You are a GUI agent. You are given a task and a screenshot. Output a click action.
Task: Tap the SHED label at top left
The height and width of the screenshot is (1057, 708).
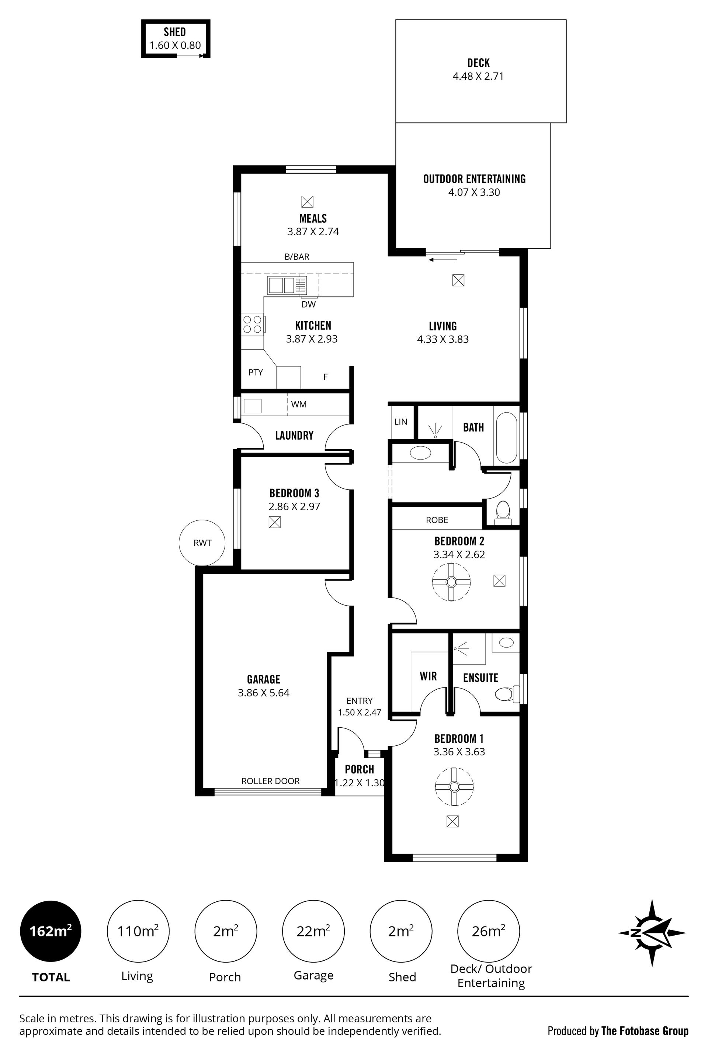click(x=175, y=32)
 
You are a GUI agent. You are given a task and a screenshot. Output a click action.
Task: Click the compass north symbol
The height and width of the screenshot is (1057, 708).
click(x=652, y=932)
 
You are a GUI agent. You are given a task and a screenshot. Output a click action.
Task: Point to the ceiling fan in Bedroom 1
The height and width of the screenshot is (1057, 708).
click(x=454, y=787)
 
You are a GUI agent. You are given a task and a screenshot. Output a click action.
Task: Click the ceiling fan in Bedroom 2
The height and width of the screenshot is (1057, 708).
click(x=451, y=582)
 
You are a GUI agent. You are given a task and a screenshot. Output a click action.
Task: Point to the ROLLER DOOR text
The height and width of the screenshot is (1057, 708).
click(x=270, y=781)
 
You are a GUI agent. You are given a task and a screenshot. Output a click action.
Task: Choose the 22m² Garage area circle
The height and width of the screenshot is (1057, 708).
click(x=313, y=931)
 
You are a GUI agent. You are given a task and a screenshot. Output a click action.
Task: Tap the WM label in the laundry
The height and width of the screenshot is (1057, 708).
click(x=299, y=404)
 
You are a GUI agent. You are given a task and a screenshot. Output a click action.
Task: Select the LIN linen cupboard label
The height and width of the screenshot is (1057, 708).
click(x=400, y=422)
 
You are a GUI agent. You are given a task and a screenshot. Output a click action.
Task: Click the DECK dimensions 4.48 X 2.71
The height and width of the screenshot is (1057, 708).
click(x=478, y=76)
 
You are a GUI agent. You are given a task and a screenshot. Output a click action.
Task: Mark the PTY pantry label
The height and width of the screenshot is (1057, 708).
click(x=256, y=372)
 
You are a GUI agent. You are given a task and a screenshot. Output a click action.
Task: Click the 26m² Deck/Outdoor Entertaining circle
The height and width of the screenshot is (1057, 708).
click(x=489, y=931)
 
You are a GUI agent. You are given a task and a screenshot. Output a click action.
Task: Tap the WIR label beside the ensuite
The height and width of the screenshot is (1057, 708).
click(x=428, y=676)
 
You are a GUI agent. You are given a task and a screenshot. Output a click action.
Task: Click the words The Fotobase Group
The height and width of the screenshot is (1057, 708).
click(x=645, y=1031)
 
